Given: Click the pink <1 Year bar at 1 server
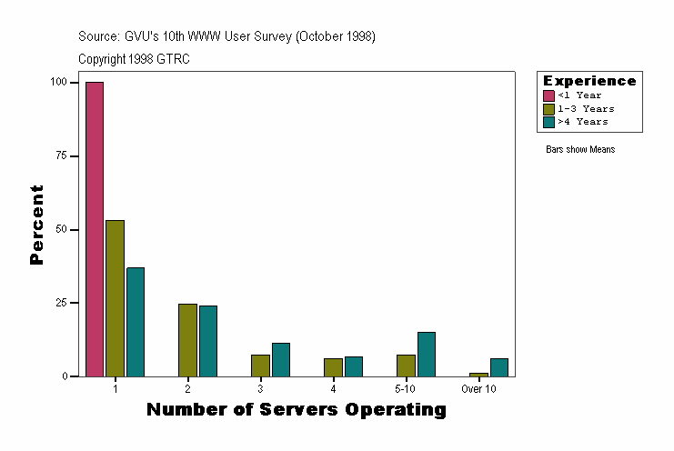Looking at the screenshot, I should [x=95, y=228].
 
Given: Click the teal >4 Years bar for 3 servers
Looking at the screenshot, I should [x=280, y=359].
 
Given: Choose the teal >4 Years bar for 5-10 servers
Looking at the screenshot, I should [x=426, y=354].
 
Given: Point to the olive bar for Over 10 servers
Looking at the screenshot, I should [x=478, y=374].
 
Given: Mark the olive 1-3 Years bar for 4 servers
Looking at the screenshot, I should [x=333, y=366].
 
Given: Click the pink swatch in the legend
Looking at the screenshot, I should [x=548, y=95].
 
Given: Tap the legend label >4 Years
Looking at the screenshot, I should [x=583, y=121].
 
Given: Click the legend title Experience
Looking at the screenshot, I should [x=589, y=81].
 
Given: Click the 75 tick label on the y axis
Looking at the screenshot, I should [x=61, y=155].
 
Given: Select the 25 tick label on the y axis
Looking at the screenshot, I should [x=61, y=303].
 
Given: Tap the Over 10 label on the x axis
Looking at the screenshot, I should [x=478, y=389].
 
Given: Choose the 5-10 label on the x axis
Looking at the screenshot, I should [x=406, y=389].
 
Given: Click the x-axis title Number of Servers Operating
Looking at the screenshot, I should [x=297, y=410].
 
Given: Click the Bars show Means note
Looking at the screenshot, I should [x=580, y=149].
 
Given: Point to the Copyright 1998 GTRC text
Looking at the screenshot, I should [x=134, y=59].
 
